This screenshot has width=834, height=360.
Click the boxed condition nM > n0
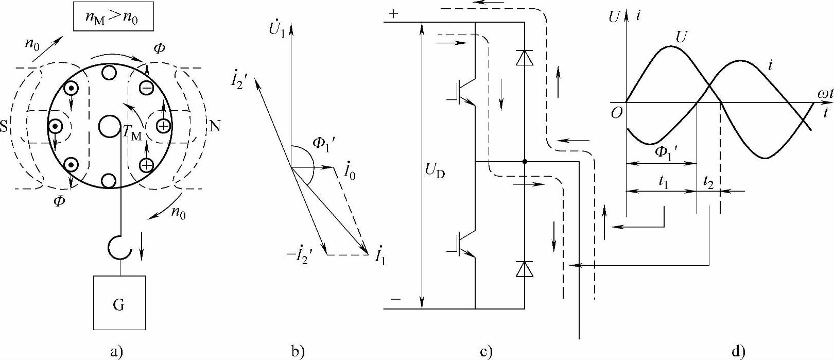pos(112,19)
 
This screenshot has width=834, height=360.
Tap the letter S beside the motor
pos(5,127)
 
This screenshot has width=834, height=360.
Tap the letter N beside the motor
pos(215,127)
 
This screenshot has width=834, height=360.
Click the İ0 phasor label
pos(350,172)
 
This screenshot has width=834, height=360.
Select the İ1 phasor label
pos(379,256)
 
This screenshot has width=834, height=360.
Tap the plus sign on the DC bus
pos(394,14)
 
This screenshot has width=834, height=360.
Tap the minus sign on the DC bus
pos(394,299)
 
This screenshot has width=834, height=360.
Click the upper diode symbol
pos(524,58)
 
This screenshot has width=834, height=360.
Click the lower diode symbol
pos(524,269)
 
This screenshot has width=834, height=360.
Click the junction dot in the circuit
pos(525,162)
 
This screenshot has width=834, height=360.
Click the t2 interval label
pos(708,182)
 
